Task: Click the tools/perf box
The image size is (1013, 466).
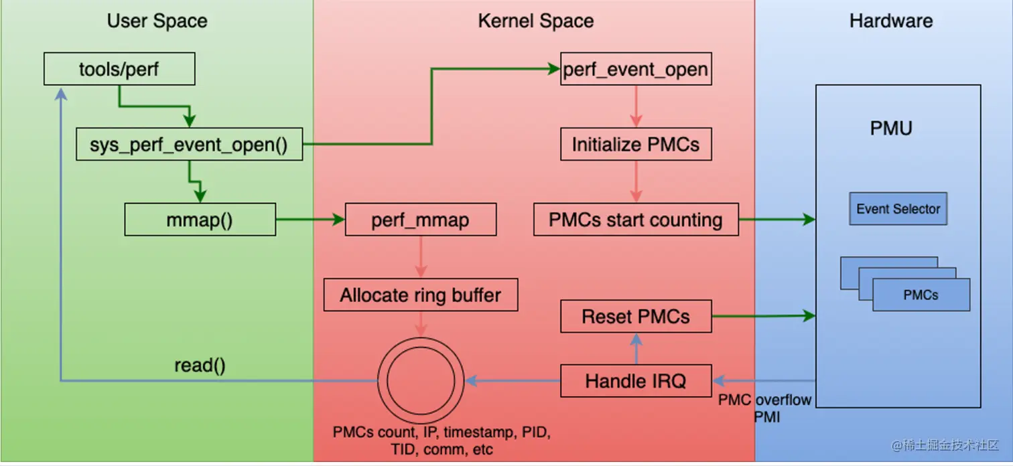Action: pyautogui.click(x=119, y=70)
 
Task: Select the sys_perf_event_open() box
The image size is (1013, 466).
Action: pyautogui.click(x=188, y=145)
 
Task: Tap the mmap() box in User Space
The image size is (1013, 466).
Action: pyautogui.click(x=200, y=220)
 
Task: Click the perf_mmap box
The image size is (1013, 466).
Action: pyautogui.click(x=420, y=220)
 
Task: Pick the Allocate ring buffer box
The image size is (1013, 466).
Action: pyautogui.click(x=420, y=295)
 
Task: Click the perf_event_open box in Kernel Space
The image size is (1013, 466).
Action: pyautogui.click(x=635, y=70)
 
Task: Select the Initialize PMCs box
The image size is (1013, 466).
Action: pyautogui.click(x=635, y=145)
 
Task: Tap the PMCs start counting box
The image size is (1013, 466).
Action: pyautogui.click(x=635, y=220)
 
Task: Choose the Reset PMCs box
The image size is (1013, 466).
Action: pyautogui.click(x=635, y=316)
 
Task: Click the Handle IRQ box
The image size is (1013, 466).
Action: pyautogui.click(x=635, y=382)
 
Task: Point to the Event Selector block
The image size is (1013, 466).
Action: pyautogui.click(x=898, y=209)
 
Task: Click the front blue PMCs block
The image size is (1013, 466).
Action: pyautogui.click(x=921, y=295)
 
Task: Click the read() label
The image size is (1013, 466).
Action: pyautogui.click(x=200, y=366)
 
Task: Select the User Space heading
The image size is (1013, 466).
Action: pyautogui.click(x=157, y=21)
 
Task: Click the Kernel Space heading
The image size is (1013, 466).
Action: pyautogui.click(x=535, y=21)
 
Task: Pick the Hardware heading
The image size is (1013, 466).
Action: pyautogui.click(x=890, y=21)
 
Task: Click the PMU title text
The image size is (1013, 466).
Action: pyautogui.click(x=890, y=128)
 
